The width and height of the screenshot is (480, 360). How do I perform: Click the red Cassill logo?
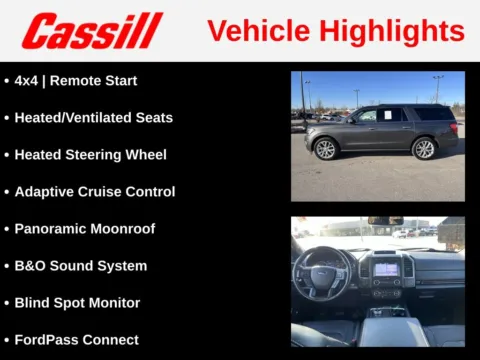point(92,31)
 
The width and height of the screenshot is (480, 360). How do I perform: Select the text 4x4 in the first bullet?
point(28,81)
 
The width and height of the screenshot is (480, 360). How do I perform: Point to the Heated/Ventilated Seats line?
point(93,118)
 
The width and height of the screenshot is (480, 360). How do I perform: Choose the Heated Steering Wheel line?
point(90,155)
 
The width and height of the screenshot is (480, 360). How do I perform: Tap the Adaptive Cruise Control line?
point(94,192)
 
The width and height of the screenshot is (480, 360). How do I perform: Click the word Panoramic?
point(49,229)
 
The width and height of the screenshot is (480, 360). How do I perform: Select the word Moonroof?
point(122,229)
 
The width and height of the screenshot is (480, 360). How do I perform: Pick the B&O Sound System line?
point(80,266)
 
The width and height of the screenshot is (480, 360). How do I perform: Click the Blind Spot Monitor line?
point(77,303)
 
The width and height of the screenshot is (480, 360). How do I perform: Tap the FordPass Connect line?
point(76,340)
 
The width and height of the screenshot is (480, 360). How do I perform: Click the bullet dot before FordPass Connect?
point(7,340)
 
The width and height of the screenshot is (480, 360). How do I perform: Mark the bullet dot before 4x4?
point(7,81)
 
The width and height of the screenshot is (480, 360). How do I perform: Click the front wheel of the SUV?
point(326,149)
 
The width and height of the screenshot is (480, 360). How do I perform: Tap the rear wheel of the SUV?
point(425,149)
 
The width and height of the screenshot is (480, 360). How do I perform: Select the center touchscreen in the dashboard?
point(386,267)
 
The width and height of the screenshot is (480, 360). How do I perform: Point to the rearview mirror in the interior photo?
point(385,221)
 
